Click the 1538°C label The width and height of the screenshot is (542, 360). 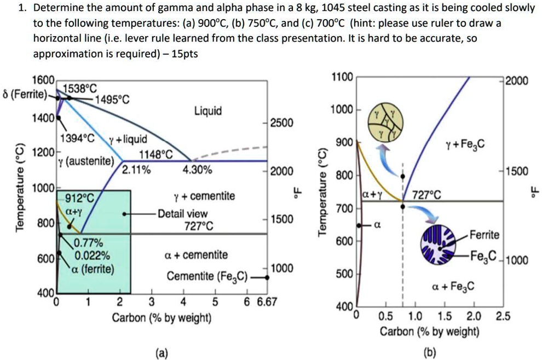tap(79, 88)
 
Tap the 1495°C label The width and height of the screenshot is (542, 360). tap(112, 100)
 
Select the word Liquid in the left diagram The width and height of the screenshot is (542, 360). tap(209, 111)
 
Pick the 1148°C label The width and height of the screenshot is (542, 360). tap(157, 155)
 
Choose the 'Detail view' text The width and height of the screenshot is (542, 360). tap(178, 213)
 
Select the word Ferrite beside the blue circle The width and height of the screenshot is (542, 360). tap(485, 235)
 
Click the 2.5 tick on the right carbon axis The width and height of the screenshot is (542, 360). tap(503, 316)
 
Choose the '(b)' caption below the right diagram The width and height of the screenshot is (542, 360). tap(430, 353)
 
